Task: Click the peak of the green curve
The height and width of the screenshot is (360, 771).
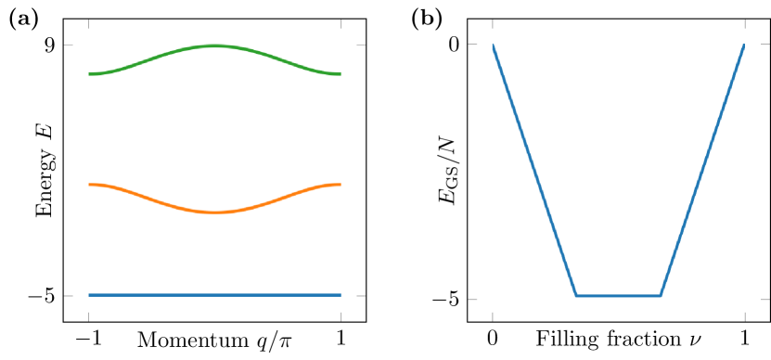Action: coord(214,45)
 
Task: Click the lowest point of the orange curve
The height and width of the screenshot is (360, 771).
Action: coord(214,212)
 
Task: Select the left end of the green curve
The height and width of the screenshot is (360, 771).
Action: coord(90,73)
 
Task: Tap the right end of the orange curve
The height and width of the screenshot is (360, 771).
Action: coord(340,186)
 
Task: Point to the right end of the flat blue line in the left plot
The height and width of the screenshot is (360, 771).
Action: coord(340,295)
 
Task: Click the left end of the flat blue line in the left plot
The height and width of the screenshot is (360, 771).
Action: coord(90,295)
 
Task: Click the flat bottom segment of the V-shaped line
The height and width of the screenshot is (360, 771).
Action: coord(618,295)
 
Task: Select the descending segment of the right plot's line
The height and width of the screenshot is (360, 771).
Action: coord(534,170)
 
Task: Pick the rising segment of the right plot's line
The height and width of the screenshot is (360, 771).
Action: coord(702,170)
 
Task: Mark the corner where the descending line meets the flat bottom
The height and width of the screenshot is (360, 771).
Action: coord(576,295)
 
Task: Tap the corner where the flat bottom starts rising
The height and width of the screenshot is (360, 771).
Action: coord(661,295)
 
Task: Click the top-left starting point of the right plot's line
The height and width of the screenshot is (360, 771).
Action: coord(493,45)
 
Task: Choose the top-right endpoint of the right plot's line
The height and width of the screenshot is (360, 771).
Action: coord(744,45)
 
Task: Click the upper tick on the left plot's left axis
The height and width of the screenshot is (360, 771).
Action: coord(68,45)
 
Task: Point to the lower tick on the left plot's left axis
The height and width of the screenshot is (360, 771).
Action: coord(68,296)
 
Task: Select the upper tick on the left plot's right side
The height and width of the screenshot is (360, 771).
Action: coord(361,45)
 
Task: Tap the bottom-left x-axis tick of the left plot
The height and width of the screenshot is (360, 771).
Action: coord(89,317)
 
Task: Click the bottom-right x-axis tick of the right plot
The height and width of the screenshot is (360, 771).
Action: coord(744,317)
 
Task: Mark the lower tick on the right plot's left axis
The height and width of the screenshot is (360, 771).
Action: coord(472,299)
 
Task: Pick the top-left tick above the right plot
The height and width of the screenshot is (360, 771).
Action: coord(492,23)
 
